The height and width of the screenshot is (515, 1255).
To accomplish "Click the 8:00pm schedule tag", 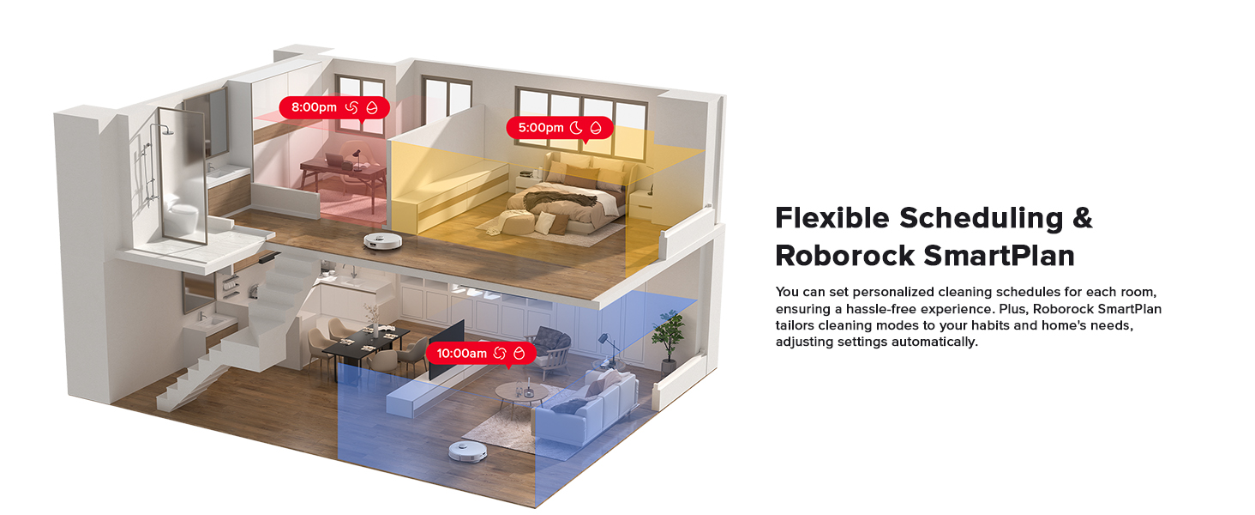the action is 333,108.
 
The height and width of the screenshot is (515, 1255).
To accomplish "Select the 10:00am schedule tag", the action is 485,353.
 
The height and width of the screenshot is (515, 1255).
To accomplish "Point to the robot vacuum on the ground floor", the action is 469,452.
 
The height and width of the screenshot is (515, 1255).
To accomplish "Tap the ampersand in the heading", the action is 1082,218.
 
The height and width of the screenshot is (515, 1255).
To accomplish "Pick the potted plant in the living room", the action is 667,336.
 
